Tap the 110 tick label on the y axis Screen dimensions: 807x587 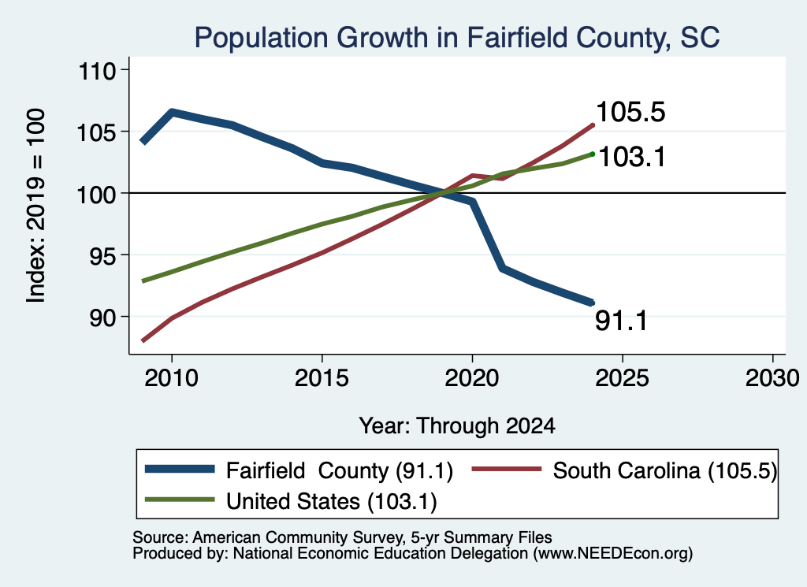(96, 70)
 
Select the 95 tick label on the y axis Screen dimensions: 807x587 (102, 256)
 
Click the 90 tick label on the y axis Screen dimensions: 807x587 (102, 318)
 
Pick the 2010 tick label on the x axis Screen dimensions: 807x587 (171, 378)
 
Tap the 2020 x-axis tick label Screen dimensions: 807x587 (472, 378)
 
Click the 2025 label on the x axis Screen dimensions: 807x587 (623, 378)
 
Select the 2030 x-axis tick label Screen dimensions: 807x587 (772, 378)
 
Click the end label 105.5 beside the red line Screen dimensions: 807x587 (630, 112)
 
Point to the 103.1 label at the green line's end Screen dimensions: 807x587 (632, 156)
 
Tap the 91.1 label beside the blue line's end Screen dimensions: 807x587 (621, 321)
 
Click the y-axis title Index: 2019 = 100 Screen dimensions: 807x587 (36, 206)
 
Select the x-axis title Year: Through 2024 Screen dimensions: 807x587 (457, 426)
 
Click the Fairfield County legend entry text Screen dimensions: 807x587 (340, 470)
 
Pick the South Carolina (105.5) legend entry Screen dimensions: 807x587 (665, 470)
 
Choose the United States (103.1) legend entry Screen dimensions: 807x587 (332, 501)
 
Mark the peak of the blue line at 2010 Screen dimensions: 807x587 (172, 112)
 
